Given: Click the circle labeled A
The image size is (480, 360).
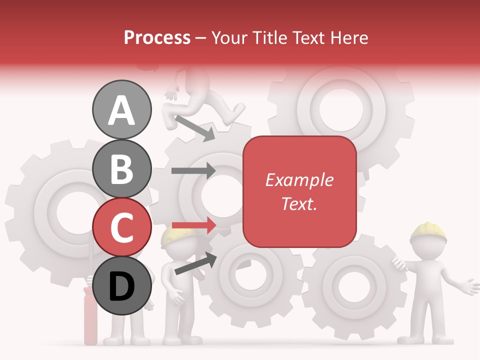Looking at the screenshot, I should [121, 110].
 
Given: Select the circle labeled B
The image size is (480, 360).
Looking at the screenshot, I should [121, 169].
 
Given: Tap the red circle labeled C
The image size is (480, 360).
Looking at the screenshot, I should [121, 227].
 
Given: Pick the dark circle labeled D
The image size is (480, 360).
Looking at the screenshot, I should [121, 286].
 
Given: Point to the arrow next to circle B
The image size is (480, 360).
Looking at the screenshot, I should [193, 170].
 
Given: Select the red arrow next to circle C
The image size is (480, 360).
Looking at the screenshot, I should [193, 225].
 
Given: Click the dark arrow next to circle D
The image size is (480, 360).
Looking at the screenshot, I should [195, 263].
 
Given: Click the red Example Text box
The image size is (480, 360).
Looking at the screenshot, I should [299, 191].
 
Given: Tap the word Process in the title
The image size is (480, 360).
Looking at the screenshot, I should [157, 37].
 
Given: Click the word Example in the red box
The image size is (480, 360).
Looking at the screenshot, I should [299, 180].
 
